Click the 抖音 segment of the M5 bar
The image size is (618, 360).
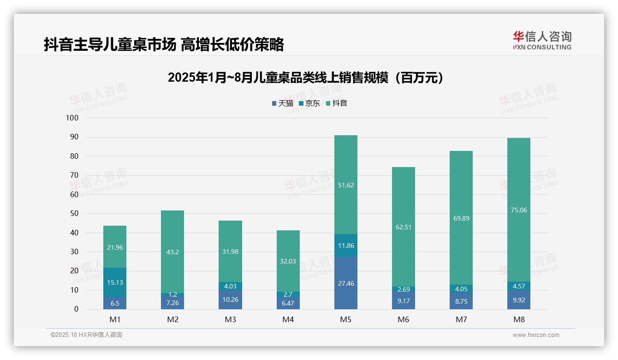[x=345, y=185]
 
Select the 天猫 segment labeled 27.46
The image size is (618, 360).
[x=345, y=283]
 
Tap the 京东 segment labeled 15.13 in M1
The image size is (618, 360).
[x=114, y=282]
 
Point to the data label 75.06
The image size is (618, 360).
[x=519, y=210]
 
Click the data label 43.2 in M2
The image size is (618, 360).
[x=172, y=252]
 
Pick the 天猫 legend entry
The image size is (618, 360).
[x=282, y=103]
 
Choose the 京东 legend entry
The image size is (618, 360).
[x=309, y=103]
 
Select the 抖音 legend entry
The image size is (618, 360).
[x=336, y=103]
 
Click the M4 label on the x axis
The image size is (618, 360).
[x=288, y=319]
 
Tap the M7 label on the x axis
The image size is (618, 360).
[x=461, y=319]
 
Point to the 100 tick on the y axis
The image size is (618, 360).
[x=72, y=118]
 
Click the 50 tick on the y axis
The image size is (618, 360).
[x=74, y=214]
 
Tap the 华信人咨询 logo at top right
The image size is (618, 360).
[x=542, y=40]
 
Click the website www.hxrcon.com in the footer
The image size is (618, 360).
[x=535, y=335]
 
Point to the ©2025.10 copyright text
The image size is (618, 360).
[x=86, y=335]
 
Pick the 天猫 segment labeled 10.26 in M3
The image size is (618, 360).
[x=230, y=300]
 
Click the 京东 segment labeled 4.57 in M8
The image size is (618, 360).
[x=519, y=286]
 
